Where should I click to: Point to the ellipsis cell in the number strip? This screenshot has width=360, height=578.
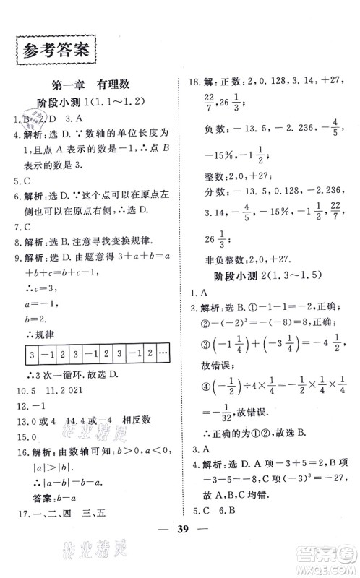[x=163, y=355]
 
